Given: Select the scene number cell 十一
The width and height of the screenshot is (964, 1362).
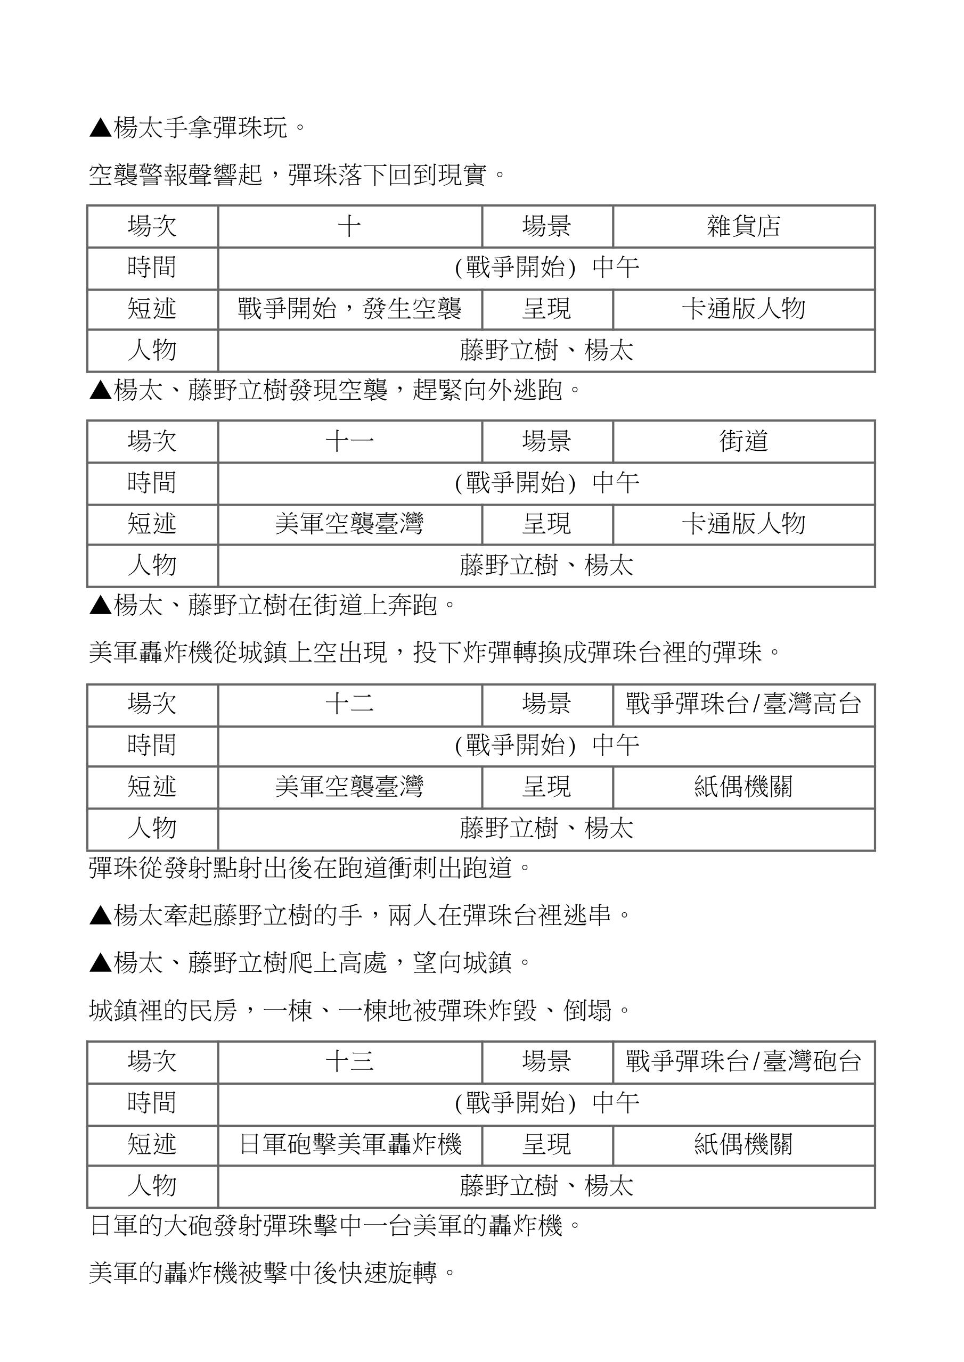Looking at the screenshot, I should pyautogui.click(x=349, y=441).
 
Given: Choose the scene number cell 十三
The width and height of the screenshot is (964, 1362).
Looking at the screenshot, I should pyautogui.click(x=349, y=1061).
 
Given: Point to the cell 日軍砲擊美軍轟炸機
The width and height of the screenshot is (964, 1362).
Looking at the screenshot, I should pyautogui.click(x=349, y=1144).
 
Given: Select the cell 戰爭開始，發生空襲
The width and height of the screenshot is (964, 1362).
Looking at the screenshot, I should pyautogui.click(x=349, y=309).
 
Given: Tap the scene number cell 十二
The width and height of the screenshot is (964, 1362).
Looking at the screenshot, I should pyautogui.click(x=349, y=704).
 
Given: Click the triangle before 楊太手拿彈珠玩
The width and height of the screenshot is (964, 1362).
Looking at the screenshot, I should pyautogui.click(x=100, y=128).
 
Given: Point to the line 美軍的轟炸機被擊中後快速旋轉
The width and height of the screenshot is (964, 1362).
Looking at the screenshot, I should pyautogui.click(x=273, y=1273).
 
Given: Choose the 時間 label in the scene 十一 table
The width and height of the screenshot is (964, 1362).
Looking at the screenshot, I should pyautogui.click(x=152, y=483).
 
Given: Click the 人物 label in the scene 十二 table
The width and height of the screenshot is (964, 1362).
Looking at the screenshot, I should pyautogui.click(x=152, y=828).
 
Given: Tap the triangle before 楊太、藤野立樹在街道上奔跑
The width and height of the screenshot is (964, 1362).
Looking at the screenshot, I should pyautogui.click(x=100, y=606).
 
